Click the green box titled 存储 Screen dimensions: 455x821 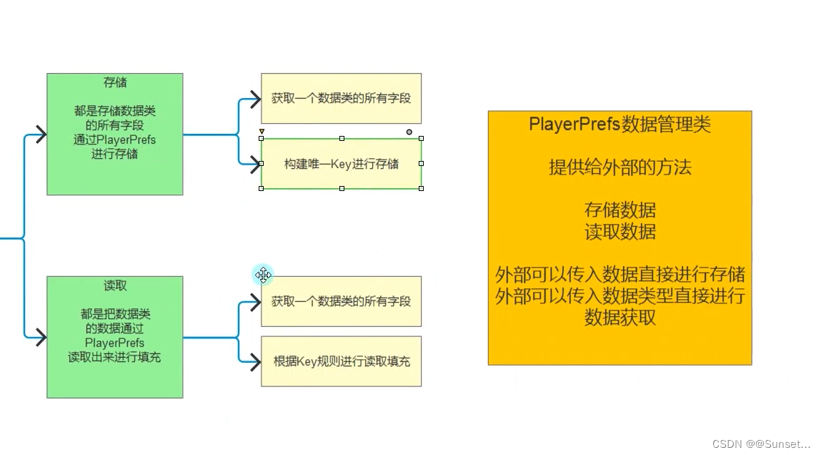point(114,134)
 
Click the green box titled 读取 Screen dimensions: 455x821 point(114,337)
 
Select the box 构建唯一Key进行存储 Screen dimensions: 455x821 point(341,164)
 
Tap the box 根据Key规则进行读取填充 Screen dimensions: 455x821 point(341,361)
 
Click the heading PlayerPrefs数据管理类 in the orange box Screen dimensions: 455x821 point(620,124)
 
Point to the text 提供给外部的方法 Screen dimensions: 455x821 point(620,167)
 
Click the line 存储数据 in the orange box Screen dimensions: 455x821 point(620,210)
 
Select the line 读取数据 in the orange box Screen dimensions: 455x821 point(620,232)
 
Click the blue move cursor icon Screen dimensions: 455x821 point(263,275)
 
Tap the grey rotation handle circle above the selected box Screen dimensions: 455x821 point(409,132)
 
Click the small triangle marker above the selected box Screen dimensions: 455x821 point(262,132)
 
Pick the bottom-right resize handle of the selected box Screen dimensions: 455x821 point(421,188)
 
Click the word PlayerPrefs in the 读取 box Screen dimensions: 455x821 point(114,343)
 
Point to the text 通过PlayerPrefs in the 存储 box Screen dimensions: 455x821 point(114,140)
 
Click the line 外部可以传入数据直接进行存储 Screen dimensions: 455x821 point(620,275)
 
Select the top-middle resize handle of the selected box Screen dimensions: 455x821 point(342,138)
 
